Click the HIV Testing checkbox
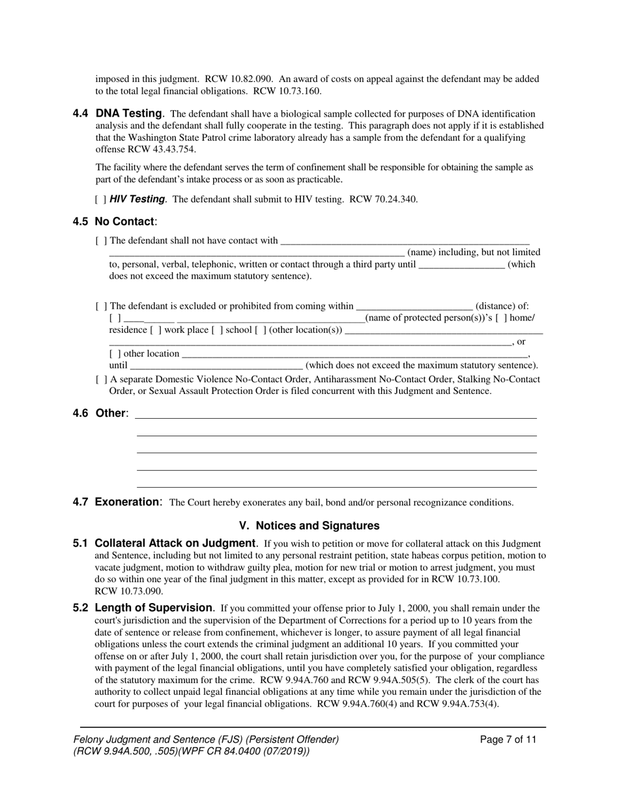101,199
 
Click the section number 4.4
81,114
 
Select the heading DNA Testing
129,114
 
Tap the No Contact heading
124,221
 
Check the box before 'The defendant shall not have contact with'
101,241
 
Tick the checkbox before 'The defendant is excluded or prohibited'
101,306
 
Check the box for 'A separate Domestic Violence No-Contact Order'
101,379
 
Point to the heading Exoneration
127,502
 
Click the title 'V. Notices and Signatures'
309,526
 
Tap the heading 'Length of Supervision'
154,608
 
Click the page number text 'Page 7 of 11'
508,739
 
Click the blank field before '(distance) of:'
414,306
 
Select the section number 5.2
81,608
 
